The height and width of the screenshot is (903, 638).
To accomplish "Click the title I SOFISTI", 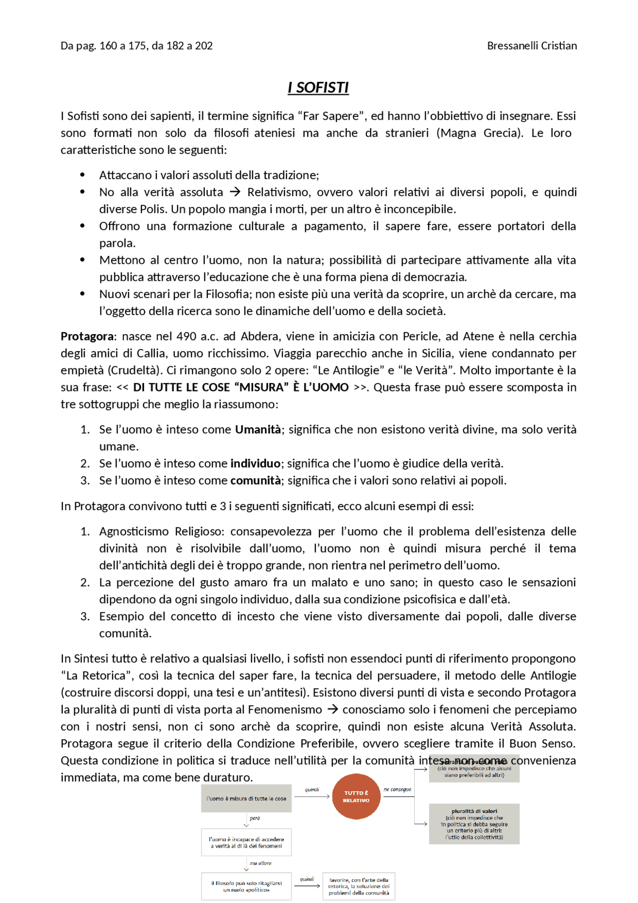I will coord(318,88).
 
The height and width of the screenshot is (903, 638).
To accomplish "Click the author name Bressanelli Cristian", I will coord(531,46).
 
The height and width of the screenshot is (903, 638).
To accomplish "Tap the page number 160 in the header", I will coord(108,46).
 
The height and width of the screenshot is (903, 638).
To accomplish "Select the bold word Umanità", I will coord(258,429).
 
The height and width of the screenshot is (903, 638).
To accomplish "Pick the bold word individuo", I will coord(255,463).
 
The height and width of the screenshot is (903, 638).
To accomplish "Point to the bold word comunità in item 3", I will coord(255,480).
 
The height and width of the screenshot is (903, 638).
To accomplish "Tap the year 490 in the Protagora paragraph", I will coord(186,336).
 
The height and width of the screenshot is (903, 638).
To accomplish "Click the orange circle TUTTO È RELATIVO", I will coord(356,796).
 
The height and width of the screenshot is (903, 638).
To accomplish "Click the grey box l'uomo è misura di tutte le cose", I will coord(246,798).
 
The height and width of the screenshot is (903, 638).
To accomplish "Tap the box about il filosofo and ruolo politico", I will coord(246,886).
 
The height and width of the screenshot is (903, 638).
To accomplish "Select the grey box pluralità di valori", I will coord(474,824).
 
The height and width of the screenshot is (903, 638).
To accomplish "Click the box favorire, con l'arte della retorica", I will coord(358,886).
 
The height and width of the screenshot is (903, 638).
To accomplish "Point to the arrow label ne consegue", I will coord(397,789).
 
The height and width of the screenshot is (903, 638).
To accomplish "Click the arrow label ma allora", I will coord(260,863).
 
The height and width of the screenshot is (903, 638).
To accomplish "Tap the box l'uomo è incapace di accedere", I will coord(246,842).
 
